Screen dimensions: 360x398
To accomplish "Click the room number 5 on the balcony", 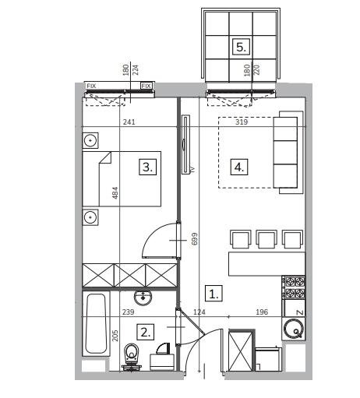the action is click(x=241, y=47).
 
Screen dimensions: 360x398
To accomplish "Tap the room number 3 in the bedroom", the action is click(x=147, y=167).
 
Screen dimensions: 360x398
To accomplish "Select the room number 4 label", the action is click(x=239, y=167).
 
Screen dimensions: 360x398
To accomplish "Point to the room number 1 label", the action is click(x=214, y=294).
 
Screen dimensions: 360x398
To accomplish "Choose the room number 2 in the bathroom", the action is click(x=146, y=332).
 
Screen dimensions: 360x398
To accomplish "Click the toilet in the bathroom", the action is click(x=132, y=356).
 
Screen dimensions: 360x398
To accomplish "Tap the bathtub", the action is click(x=96, y=323).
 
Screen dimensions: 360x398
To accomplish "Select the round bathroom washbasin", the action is click(x=143, y=297).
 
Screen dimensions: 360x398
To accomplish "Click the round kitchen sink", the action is click(x=294, y=329).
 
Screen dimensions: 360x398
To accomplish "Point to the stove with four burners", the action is click(x=293, y=287).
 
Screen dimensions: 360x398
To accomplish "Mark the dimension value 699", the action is click(x=194, y=238).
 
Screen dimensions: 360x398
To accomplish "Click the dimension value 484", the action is click(x=115, y=193).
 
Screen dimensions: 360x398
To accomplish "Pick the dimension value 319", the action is click(x=242, y=122).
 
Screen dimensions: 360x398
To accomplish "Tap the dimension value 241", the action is click(x=129, y=122).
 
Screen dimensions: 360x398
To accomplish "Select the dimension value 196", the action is click(x=262, y=312).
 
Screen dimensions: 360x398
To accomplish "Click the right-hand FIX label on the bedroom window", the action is click(x=146, y=86).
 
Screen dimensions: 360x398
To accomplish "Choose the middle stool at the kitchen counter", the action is click(x=266, y=239).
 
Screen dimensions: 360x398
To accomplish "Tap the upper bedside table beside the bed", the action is click(x=90, y=140).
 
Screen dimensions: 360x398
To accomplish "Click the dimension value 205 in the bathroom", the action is click(x=115, y=336).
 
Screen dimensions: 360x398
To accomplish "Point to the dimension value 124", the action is click(x=199, y=312).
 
